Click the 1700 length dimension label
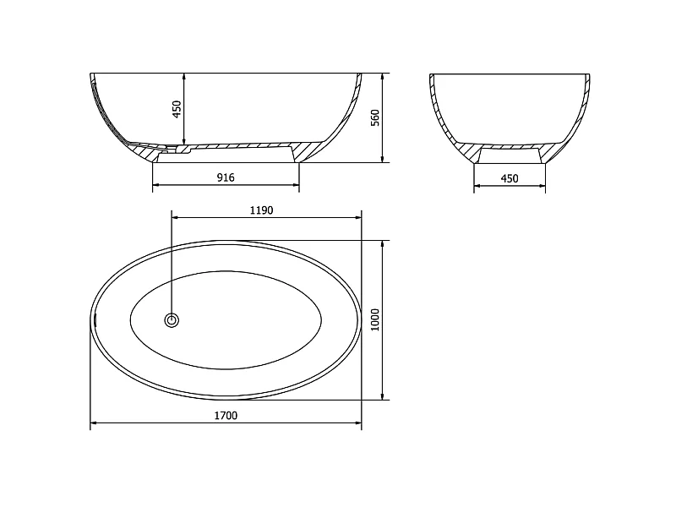point(226,415)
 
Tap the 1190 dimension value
point(262,210)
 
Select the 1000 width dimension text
point(375,320)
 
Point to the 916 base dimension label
point(226,177)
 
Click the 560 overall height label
point(375,117)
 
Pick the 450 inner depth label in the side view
point(177,110)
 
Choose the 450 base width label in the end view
point(510,178)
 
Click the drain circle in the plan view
point(172,320)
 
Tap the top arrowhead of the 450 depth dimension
point(184,77)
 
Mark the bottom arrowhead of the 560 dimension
point(383,159)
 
